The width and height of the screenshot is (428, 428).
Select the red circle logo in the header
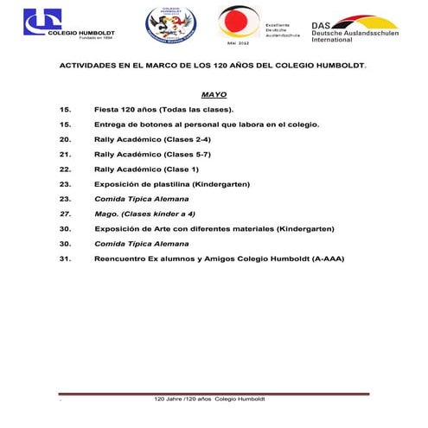[236, 22]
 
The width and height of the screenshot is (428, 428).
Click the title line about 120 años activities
[213, 66]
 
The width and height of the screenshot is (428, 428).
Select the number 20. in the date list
[65, 138]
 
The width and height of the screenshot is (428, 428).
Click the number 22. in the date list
[65, 169]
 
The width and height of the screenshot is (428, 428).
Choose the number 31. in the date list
[65, 258]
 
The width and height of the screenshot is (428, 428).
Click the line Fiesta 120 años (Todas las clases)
[164, 109]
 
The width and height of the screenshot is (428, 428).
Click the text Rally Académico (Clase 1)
[146, 169]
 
